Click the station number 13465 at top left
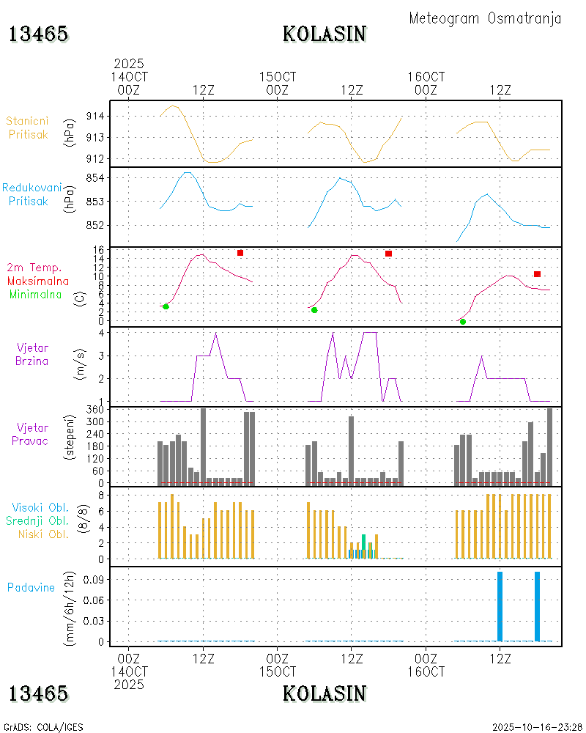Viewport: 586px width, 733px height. pos(38,34)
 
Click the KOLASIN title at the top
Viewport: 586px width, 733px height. pos(324,34)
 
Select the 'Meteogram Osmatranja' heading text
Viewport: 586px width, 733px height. pos(485,18)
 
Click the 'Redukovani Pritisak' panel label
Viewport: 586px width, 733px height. pos(31,194)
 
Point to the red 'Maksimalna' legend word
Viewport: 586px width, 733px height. pos(38,281)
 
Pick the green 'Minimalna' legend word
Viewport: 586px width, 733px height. pos(36,294)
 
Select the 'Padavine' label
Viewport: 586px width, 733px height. pos(31,587)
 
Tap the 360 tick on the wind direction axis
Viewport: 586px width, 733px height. pos(97,409)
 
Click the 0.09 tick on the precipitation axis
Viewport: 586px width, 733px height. pos(94,579)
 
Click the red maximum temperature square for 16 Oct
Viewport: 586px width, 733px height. pos(537,274)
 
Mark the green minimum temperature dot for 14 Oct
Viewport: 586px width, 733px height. pos(166,306)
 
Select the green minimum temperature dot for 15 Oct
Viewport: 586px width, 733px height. pos(314,310)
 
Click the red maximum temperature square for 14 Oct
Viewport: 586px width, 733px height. pos(240,253)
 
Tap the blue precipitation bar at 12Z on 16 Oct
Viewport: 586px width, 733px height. pos(500,606)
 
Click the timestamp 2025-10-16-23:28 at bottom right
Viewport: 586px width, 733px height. pos(537,727)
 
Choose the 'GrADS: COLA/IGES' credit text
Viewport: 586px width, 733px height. pos(43,727)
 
